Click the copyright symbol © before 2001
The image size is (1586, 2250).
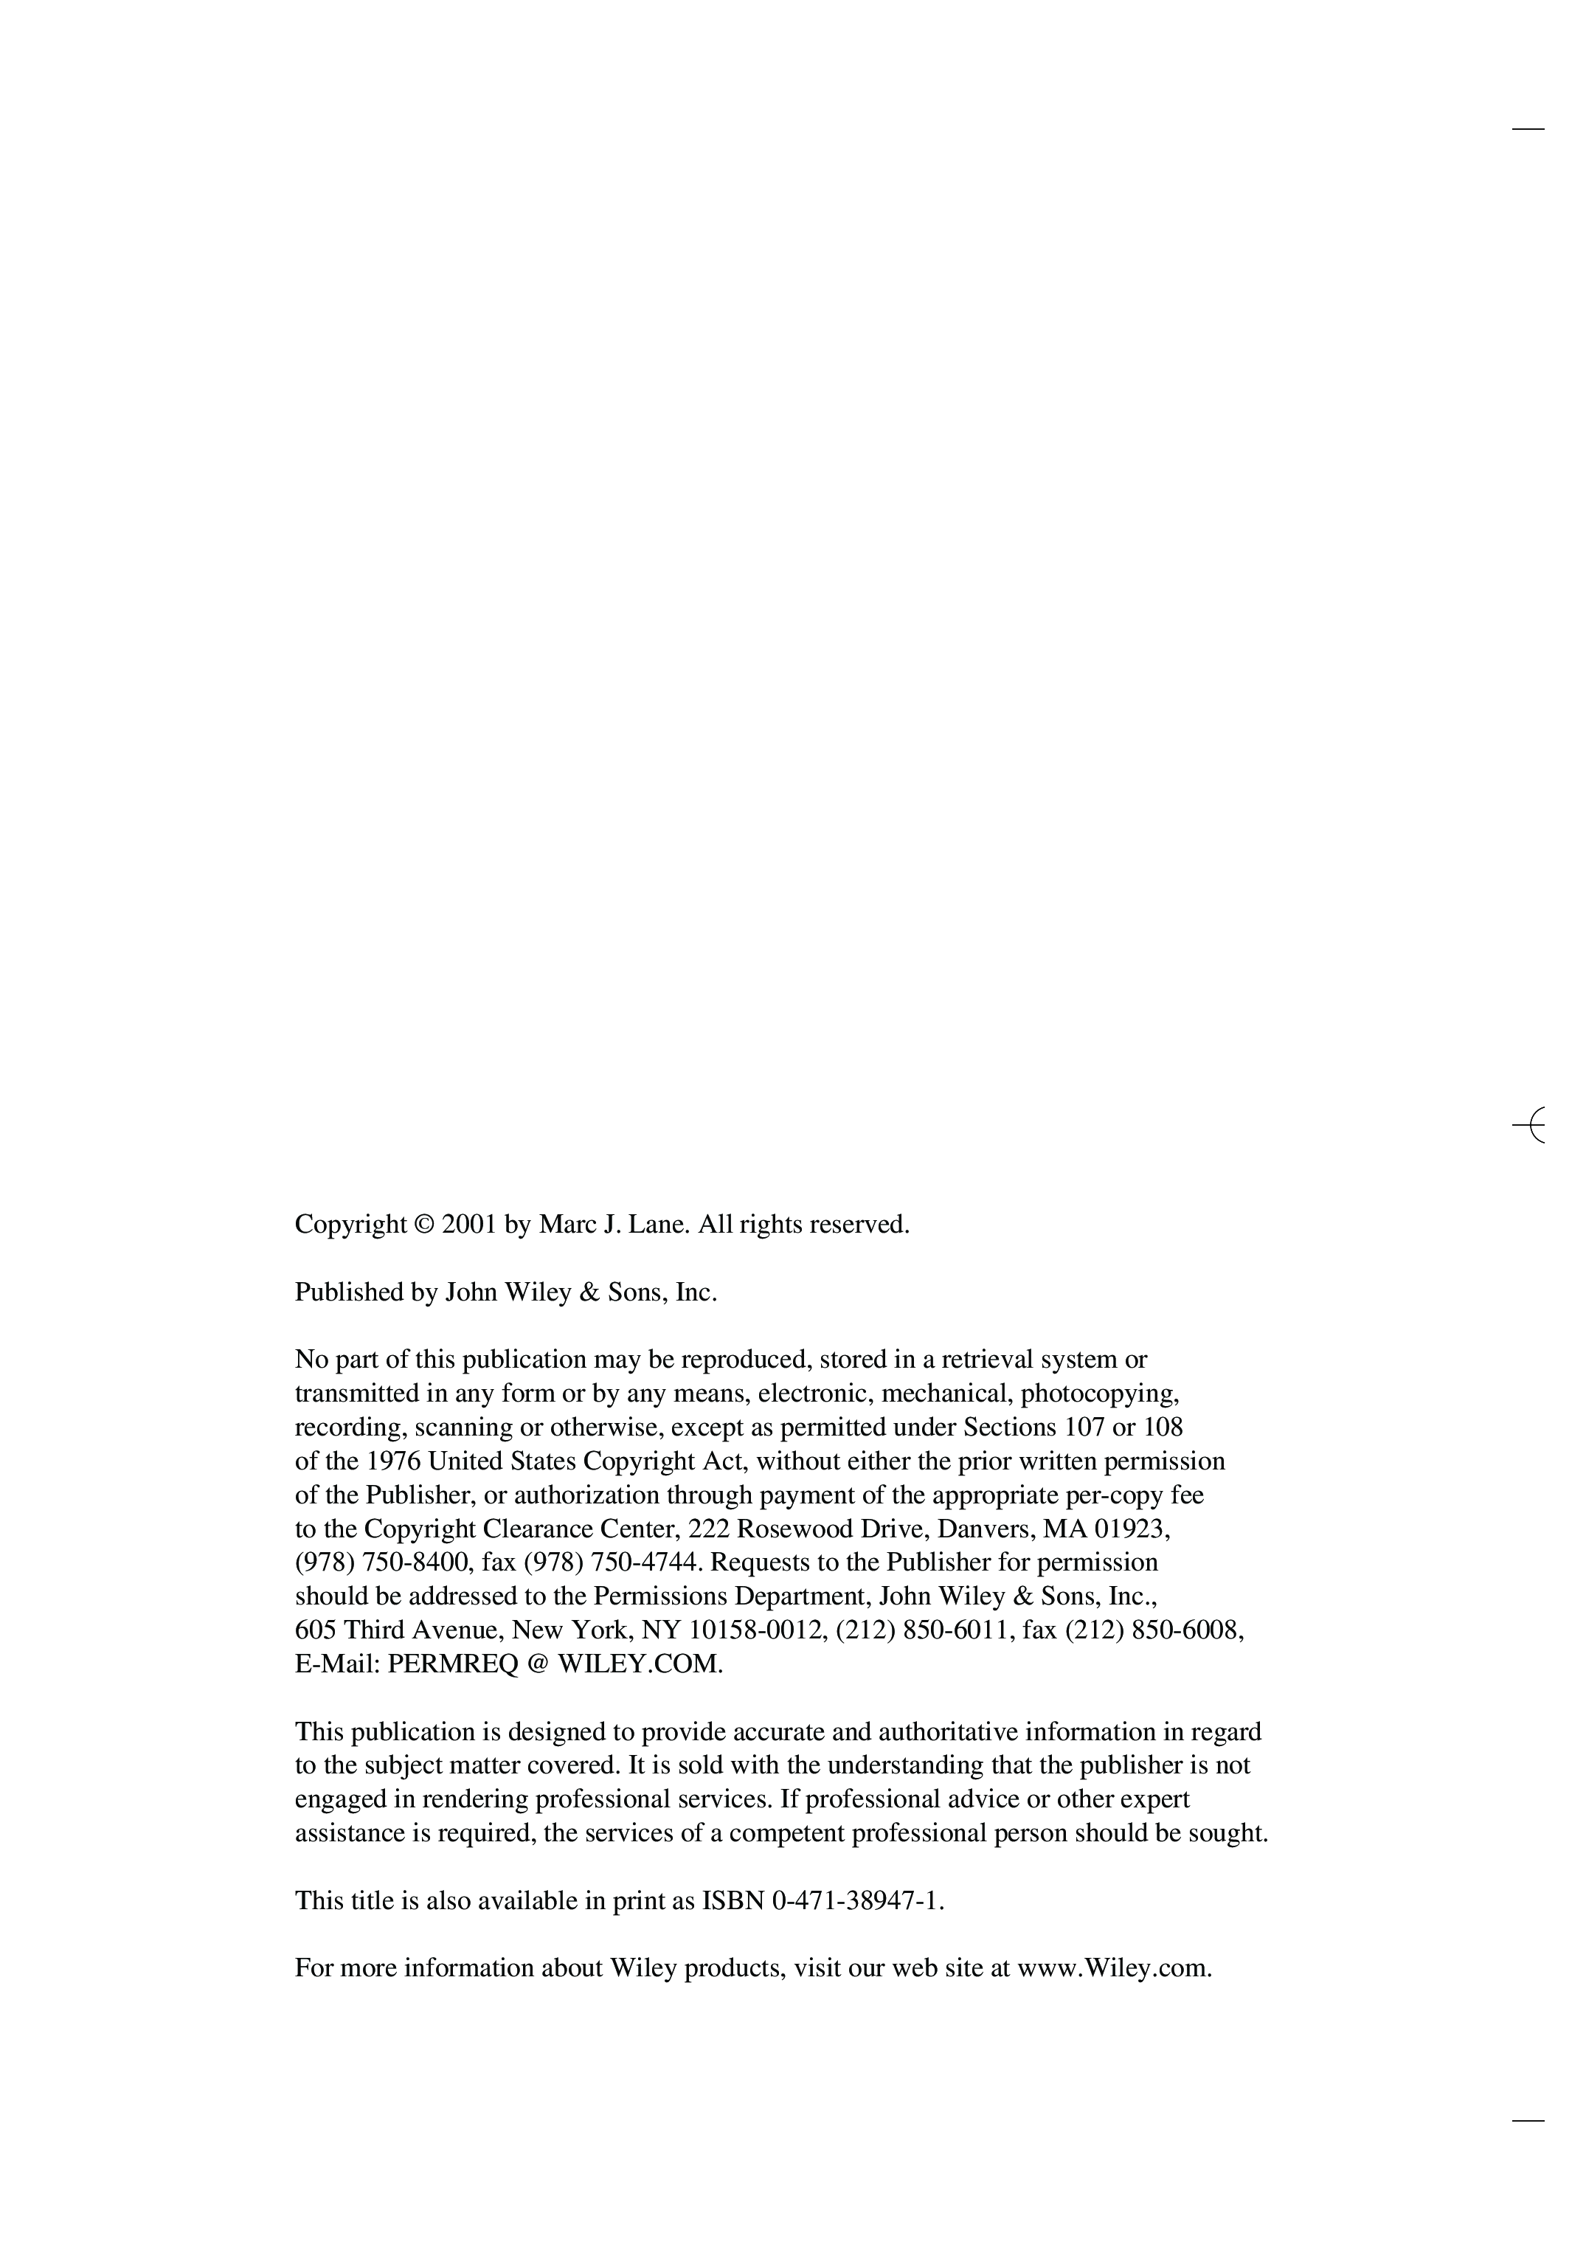tap(423, 1225)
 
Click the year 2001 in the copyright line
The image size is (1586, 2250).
tap(469, 1225)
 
